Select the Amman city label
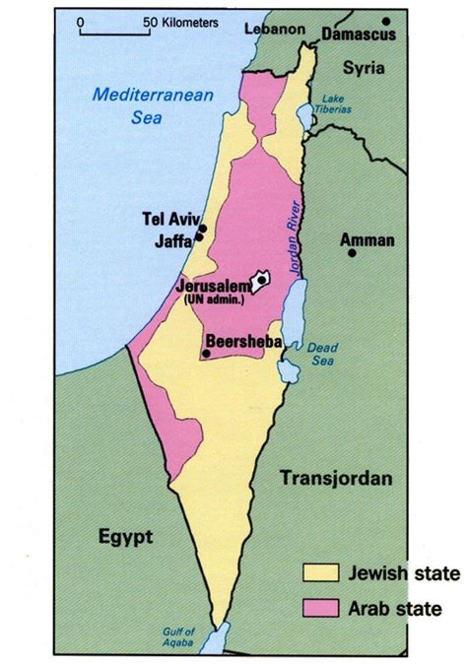367,239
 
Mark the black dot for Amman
352,253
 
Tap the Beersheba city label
243,341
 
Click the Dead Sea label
322,354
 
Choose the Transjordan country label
337,479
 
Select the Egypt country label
125,537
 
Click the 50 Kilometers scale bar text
179,21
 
